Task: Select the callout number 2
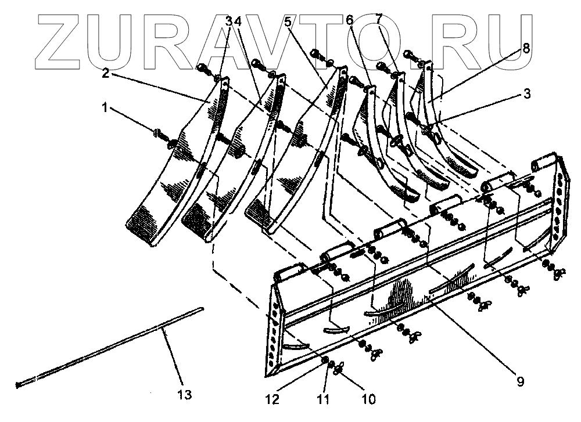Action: pos(106,74)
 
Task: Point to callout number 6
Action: pos(349,20)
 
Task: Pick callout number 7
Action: pos(379,20)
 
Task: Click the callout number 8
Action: pos(526,49)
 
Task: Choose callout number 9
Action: pos(520,381)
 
